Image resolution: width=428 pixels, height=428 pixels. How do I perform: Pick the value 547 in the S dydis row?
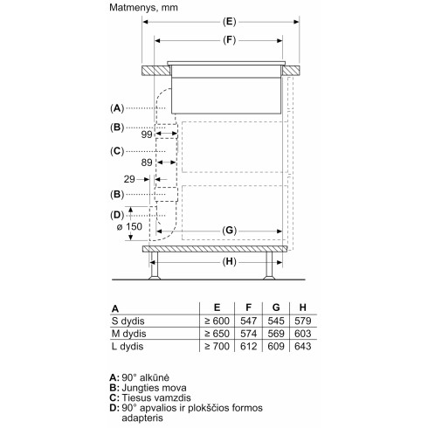248,322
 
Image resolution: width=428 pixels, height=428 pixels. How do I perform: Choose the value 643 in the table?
302,348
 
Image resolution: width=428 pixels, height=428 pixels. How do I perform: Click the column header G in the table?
276,309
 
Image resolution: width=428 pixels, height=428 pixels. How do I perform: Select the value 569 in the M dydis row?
276,335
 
